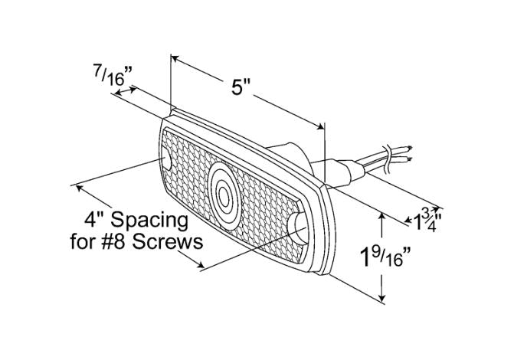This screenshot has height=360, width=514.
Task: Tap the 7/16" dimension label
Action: (113, 75)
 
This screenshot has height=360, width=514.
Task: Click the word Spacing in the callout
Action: (149, 221)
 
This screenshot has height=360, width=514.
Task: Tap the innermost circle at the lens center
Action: (224, 196)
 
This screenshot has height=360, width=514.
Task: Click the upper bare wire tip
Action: (409, 148)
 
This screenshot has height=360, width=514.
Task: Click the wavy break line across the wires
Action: (388, 159)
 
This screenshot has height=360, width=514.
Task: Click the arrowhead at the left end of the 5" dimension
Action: (175, 59)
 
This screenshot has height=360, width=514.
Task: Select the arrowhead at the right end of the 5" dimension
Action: (320, 126)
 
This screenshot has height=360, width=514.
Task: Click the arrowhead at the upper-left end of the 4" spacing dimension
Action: (80, 188)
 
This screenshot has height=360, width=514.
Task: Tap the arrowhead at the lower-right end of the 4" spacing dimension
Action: (200, 266)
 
